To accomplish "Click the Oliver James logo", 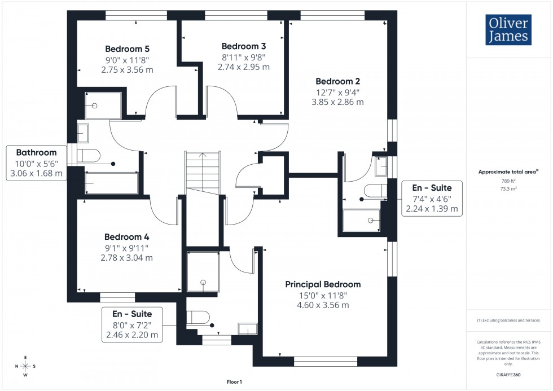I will [508, 30].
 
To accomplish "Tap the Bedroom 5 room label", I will [127, 49].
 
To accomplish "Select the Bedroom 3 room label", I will [243, 46].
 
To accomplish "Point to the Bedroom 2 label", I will [337, 81].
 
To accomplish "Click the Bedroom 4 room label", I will [126, 238].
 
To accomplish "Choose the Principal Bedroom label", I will [323, 284].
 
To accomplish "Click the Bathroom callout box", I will [36, 162].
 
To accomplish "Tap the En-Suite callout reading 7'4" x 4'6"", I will [431, 197].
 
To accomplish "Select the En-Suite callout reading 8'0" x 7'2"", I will [131, 324].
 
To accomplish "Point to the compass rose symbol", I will [25, 366].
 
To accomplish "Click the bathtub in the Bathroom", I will [111, 183].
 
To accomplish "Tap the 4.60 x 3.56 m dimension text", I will [323, 305].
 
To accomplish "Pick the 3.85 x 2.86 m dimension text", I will [337, 102].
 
